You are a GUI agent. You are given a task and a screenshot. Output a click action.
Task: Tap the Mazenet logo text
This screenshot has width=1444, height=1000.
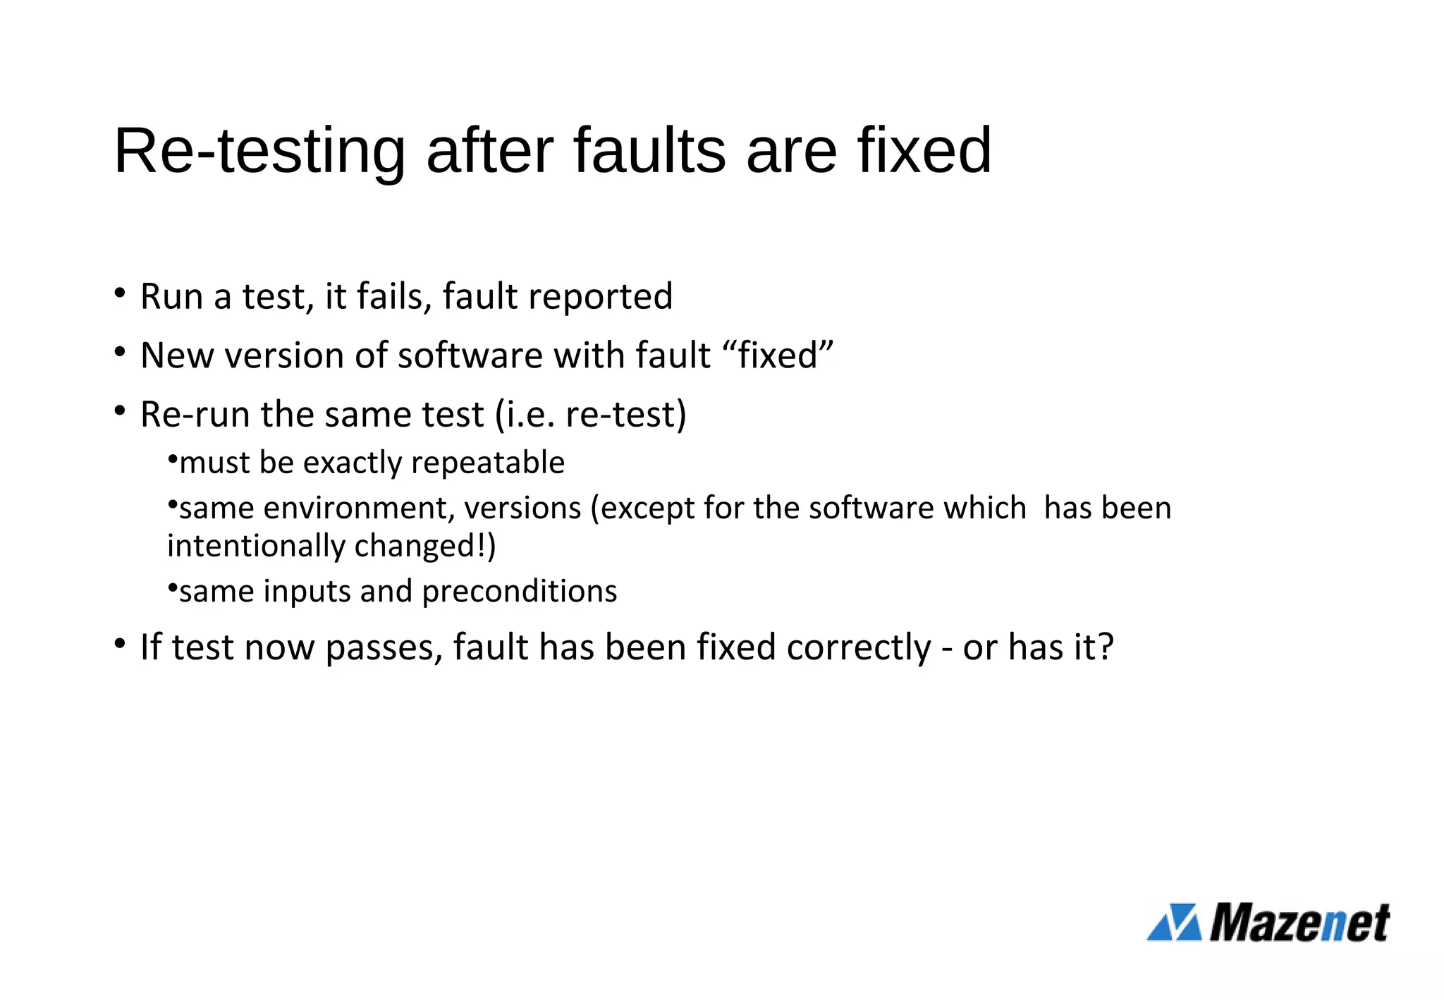[x=1299, y=922]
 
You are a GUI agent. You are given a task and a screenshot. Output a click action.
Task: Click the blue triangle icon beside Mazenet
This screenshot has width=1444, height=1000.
[x=1174, y=922]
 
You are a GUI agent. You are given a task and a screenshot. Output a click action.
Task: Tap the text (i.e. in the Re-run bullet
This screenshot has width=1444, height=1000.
[x=525, y=414]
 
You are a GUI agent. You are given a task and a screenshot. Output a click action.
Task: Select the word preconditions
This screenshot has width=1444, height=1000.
[x=520, y=591]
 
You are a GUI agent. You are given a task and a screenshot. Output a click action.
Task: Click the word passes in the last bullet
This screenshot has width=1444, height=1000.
[x=384, y=647]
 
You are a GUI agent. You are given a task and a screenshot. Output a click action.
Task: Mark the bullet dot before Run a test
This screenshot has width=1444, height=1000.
[x=120, y=292]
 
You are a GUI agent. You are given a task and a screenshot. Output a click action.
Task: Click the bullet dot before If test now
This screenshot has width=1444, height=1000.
[x=120, y=643]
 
